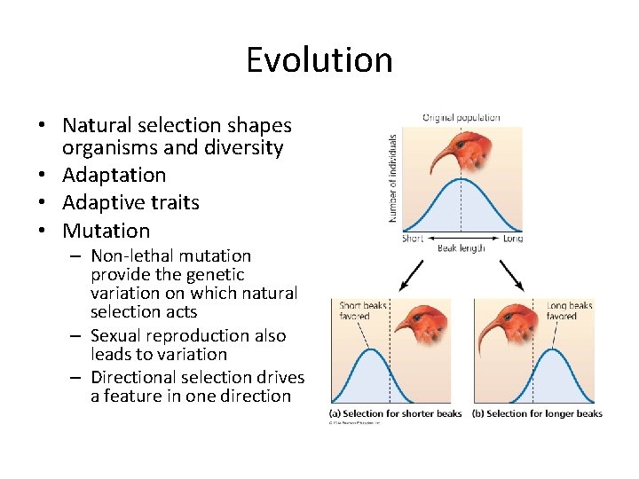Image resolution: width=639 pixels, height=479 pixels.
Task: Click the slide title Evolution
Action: point(319,60)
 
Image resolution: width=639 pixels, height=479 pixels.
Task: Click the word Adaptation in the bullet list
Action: point(114,175)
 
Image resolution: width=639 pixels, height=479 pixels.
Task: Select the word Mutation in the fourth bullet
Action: point(106,231)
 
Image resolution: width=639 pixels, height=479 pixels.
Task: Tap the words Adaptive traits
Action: point(130,202)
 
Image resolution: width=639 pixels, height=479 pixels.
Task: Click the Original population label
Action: point(461,117)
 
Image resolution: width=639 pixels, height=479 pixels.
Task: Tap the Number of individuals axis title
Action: point(392,177)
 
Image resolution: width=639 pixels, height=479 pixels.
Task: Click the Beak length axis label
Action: point(461,248)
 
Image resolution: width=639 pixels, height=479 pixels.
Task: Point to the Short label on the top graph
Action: point(412,238)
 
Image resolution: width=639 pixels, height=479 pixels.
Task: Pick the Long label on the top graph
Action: point(512,238)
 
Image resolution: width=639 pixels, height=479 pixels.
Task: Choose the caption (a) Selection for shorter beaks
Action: point(396,413)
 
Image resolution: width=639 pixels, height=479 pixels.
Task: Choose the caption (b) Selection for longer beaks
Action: point(537,413)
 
